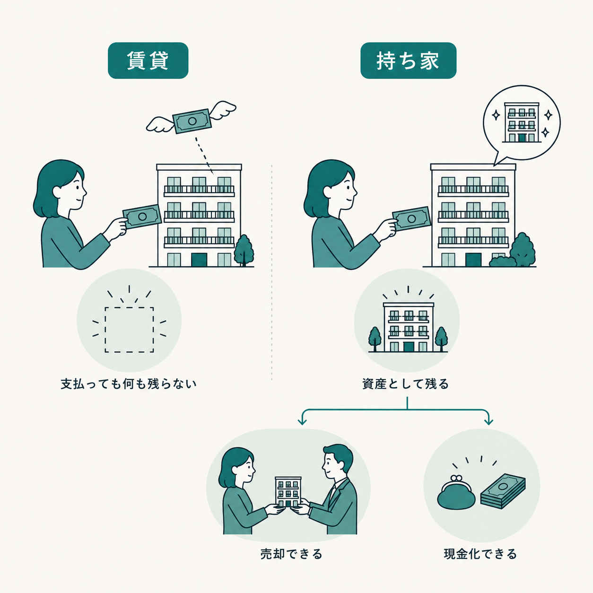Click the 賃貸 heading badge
(x=148, y=61)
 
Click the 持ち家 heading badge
(x=408, y=61)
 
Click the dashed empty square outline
(x=129, y=329)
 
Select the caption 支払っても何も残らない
(x=129, y=384)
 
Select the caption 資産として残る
(x=406, y=384)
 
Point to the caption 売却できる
(x=291, y=554)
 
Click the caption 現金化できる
(x=480, y=554)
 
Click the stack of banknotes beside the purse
(x=503, y=491)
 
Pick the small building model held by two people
(x=288, y=492)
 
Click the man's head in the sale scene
(x=337, y=462)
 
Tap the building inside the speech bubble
(x=522, y=122)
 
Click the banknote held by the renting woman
(x=142, y=217)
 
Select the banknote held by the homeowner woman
(x=411, y=219)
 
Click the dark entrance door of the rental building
(x=199, y=260)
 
